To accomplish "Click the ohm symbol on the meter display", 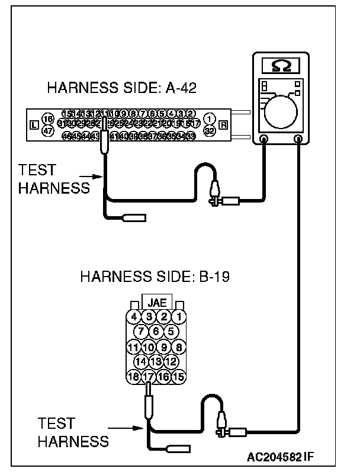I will [276, 64].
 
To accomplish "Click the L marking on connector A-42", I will [33, 125].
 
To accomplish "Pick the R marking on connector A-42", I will [223, 125].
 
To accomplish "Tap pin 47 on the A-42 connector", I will [49, 131].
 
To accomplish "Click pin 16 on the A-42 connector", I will [49, 119].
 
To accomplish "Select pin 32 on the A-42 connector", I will [208, 130].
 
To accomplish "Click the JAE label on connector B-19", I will [157, 301].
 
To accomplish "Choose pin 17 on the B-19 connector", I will [149, 376].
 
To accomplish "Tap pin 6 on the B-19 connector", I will [156, 331].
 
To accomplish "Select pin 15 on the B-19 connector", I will [179, 376].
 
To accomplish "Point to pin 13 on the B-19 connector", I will [156, 361].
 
